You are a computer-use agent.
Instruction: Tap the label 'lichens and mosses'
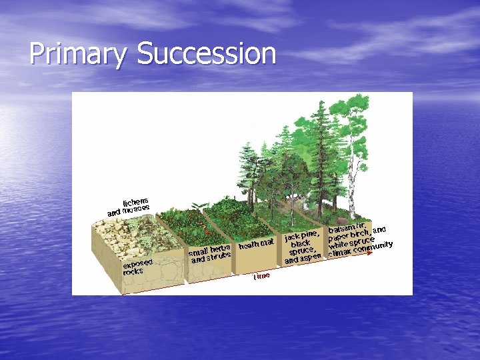pyautogui.click(x=129, y=206)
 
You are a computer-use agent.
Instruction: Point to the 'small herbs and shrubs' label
pyautogui.click(x=209, y=254)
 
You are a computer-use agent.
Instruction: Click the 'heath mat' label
pyautogui.click(x=256, y=244)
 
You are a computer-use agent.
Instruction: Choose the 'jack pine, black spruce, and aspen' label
pyautogui.click(x=303, y=247)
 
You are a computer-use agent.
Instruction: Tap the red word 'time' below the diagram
pyautogui.click(x=261, y=276)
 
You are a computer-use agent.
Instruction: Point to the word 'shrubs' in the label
pyautogui.click(x=218, y=257)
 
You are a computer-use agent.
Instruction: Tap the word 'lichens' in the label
pyautogui.click(x=135, y=200)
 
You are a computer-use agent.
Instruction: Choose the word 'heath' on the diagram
pyautogui.click(x=249, y=245)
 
